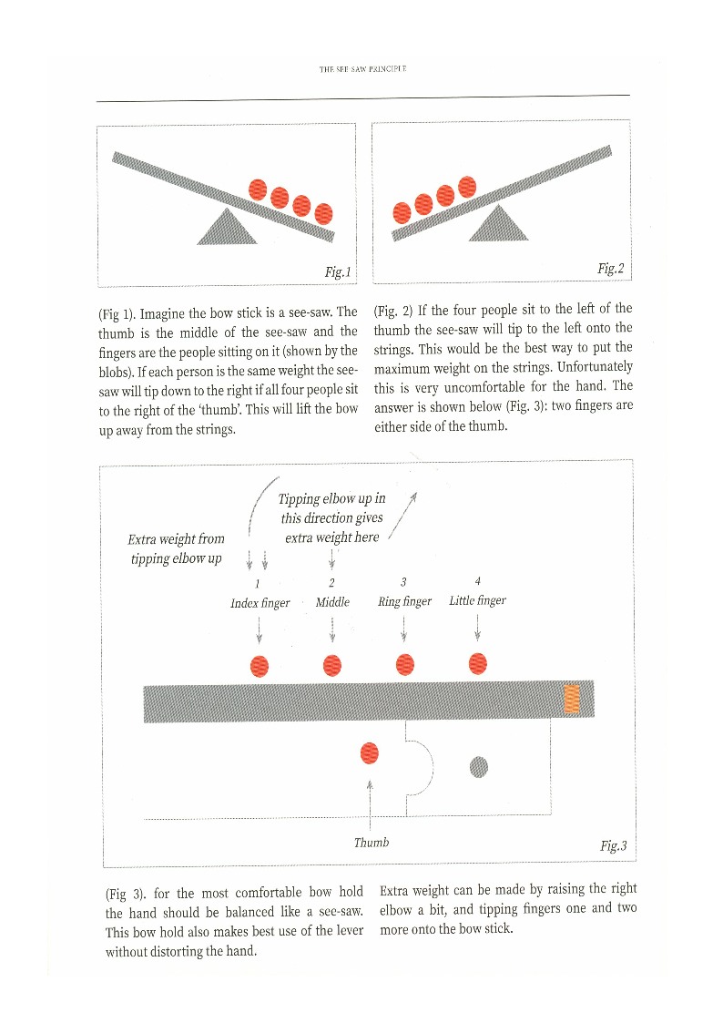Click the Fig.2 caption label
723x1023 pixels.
pos(610,268)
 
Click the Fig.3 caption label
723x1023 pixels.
pos(613,845)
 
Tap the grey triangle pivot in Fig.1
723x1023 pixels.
pos(227,229)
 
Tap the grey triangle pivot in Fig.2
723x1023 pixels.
pos(498,224)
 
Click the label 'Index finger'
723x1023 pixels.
pos(260,602)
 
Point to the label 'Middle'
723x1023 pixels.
pos(332,601)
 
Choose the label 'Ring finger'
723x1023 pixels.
pos(404,601)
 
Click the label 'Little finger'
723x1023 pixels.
pos(477,600)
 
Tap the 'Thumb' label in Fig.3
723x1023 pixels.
pos(371,842)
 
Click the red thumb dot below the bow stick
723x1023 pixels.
pos(370,752)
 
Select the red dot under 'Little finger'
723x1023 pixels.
pos(478,665)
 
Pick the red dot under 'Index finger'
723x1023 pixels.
pos(260,666)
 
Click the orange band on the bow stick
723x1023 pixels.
pos(572,700)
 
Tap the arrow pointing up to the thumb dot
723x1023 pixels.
pos(370,802)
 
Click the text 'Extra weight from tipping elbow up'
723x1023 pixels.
pos(176,547)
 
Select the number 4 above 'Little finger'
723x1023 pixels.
pos(477,580)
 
